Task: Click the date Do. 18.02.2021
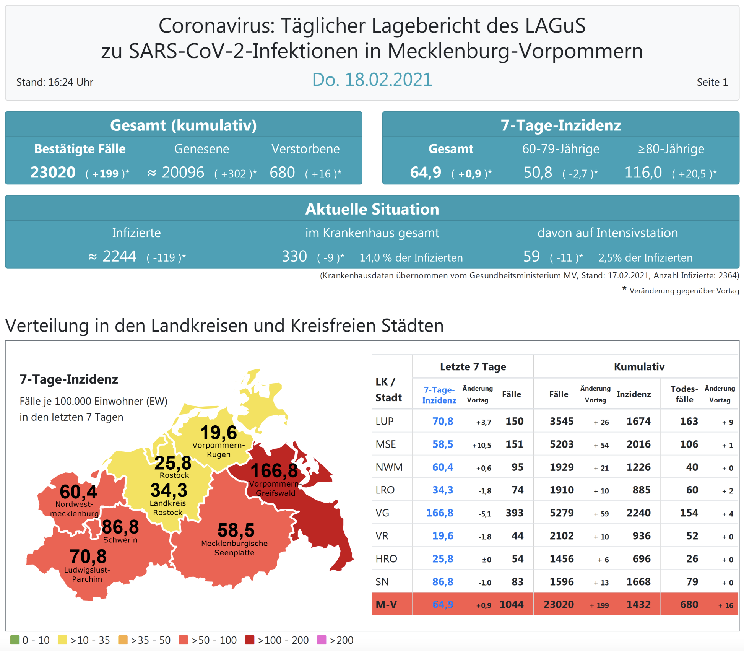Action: tap(372, 80)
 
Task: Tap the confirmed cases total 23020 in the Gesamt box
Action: tap(53, 173)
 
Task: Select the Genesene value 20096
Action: tap(183, 173)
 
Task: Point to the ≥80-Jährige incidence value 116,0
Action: tap(643, 173)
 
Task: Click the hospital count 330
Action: tap(294, 256)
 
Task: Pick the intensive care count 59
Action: tap(531, 256)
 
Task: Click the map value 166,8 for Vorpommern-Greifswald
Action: tap(274, 471)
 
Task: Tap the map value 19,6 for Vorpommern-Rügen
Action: tap(218, 433)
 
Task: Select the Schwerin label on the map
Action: tap(120, 540)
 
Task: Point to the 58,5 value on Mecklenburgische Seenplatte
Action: tap(236, 531)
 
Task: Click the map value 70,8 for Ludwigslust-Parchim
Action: tap(88, 557)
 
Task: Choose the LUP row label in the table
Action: tap(384, 421)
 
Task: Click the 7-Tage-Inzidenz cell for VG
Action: tap(440, 513)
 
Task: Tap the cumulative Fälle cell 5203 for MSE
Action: tap(561, 444)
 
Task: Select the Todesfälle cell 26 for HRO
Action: tap(692, 559)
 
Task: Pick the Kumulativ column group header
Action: tap(639, 367)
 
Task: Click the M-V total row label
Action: tap(386, 604)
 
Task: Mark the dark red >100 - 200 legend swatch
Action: tap(250, 640)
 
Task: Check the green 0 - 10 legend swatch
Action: tap(15, 640)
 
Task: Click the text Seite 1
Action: tap(712, 82)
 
